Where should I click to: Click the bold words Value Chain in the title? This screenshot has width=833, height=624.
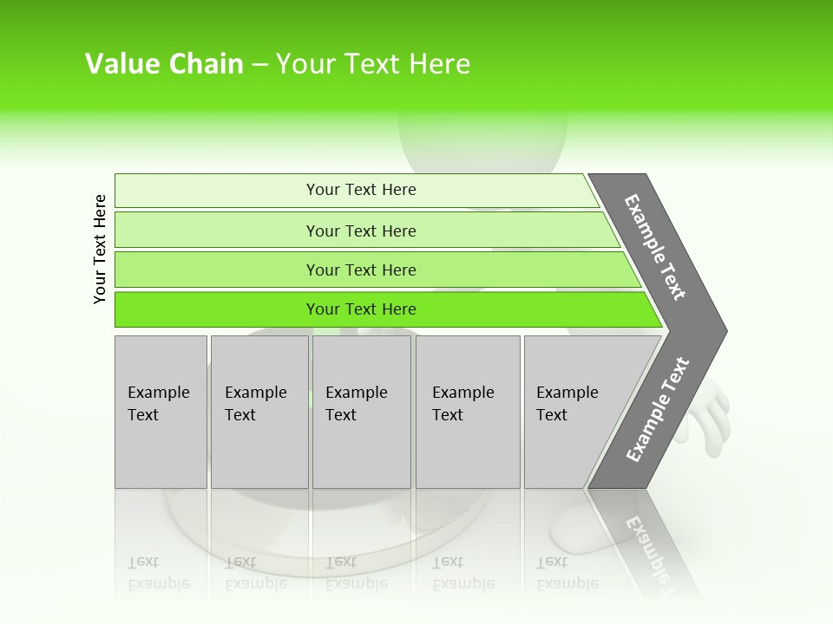[x=164, y=64]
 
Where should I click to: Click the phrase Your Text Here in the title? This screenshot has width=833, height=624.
[x=373, y=64]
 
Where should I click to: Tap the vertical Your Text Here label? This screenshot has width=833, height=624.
[x=100, y=249]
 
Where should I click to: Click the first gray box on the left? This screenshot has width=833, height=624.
[x=161, y=451]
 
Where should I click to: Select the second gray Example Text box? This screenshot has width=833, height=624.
[x=259, y=451]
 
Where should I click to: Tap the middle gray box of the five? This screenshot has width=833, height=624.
[x=361, y=451]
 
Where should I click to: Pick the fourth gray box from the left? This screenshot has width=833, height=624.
[x=468, y=451]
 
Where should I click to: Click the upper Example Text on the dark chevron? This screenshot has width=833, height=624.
[x=655, y=247]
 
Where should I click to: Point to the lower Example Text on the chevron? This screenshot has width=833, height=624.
[x=658, y=409]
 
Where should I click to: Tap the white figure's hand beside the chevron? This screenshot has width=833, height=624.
[x=712, y=416]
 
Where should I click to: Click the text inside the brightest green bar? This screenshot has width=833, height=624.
[x=361, y=309]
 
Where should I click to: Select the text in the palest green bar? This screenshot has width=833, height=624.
[x=361, y=190]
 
